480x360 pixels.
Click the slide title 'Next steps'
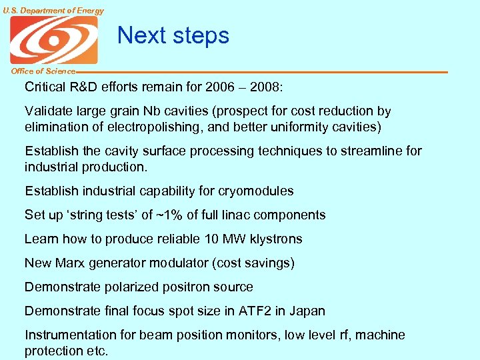tap(173, 35)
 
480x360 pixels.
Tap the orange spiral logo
tap(53, 40)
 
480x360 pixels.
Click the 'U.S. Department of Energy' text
tap(53, 10)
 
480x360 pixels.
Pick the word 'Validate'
tap(48, 111)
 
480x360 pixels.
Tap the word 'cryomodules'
tap(257, 191)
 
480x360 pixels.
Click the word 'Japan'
tap(307, 311)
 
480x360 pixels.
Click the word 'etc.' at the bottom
tap(95, 351)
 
